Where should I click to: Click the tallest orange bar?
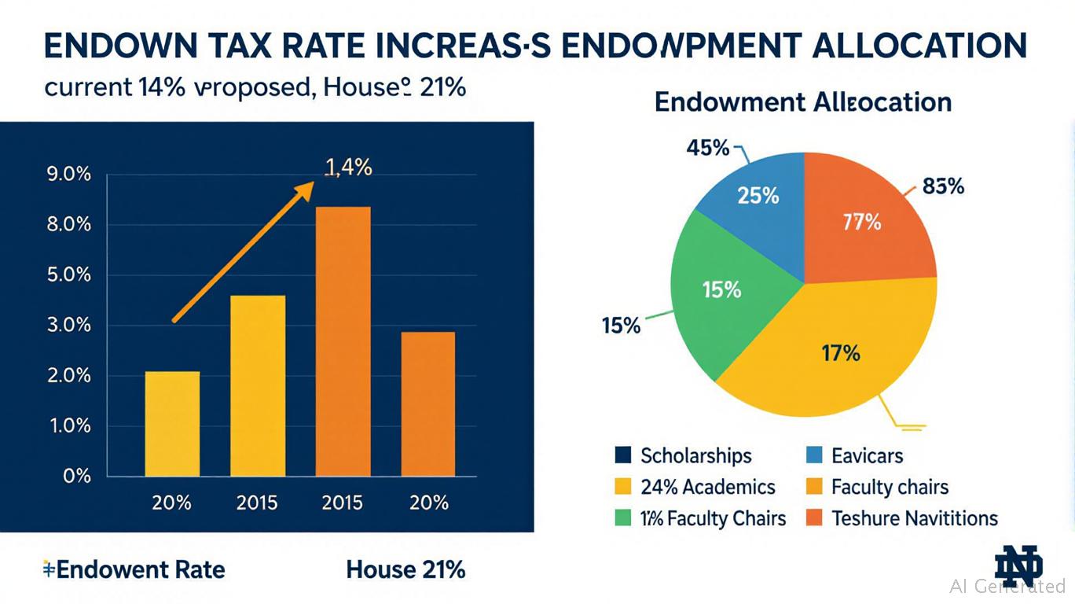click(343, 341)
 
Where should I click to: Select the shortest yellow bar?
click(172, 424)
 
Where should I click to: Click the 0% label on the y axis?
click(76, 477)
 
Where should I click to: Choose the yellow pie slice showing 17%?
click(840, 353)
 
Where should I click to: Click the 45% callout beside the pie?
click(708, 147)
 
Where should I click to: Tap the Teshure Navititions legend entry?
click(902, 519)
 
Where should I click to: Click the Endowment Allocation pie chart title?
click(802, 102)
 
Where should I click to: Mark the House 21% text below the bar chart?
click(405, 569)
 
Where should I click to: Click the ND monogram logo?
click(1018, 565)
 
